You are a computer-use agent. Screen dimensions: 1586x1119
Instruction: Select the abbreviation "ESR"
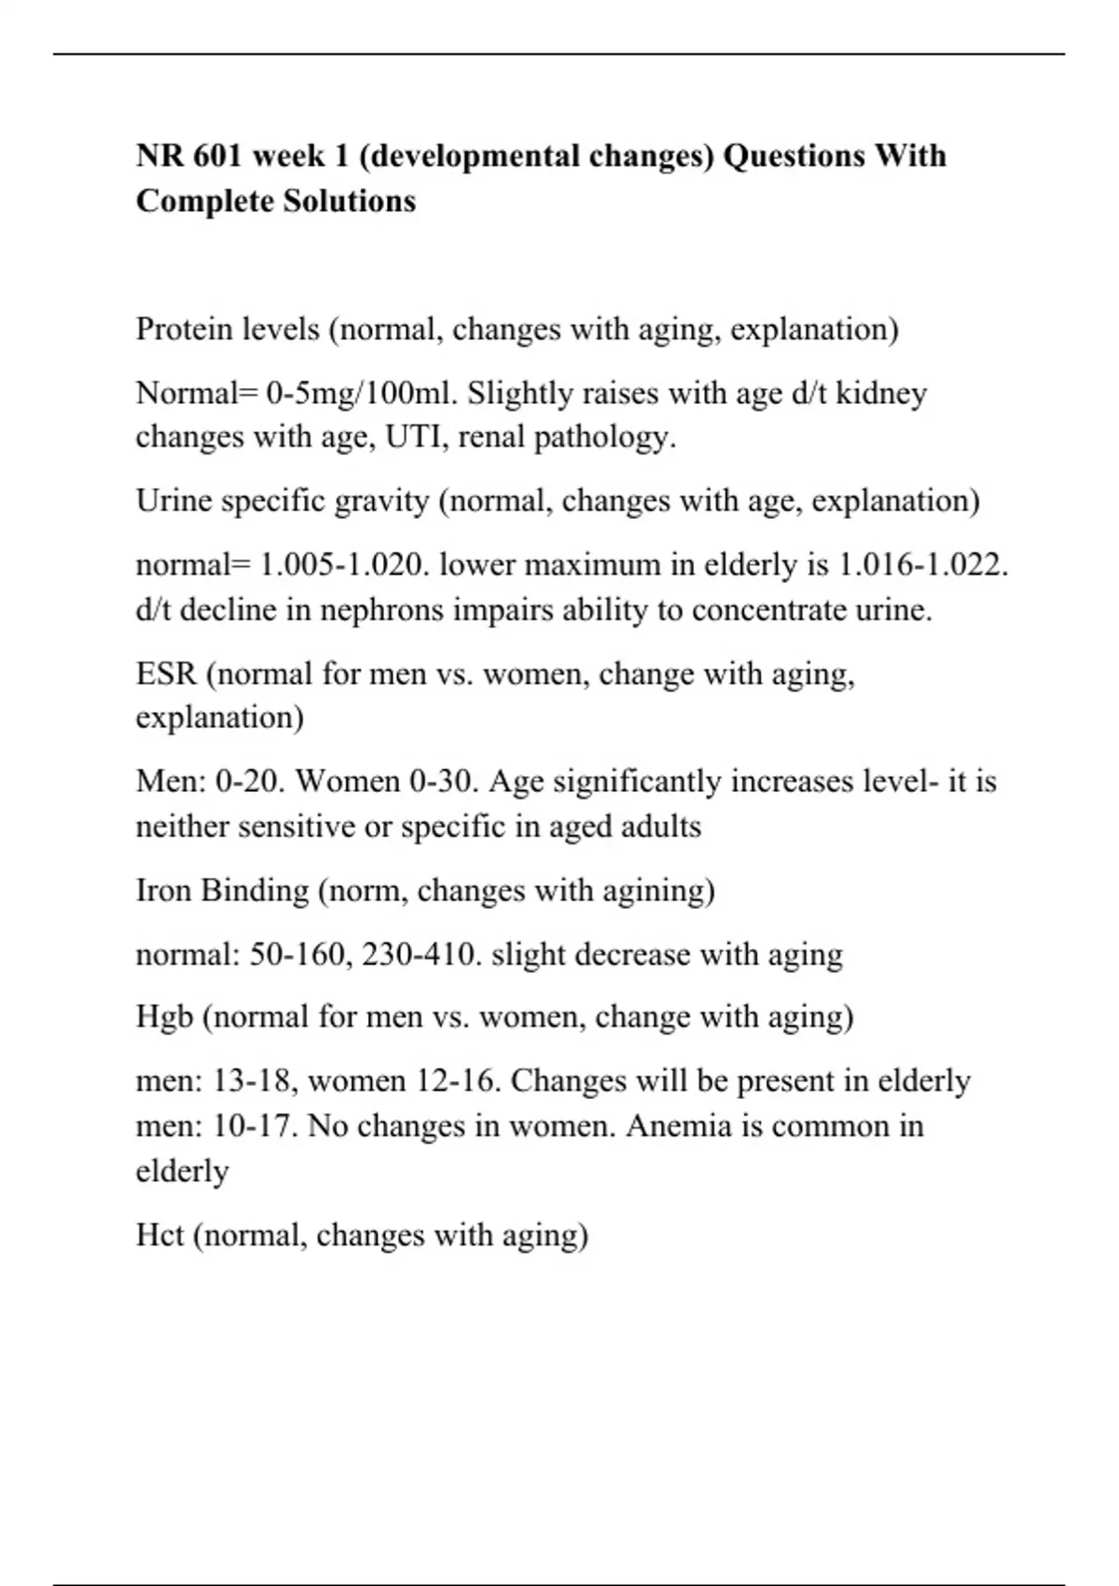[x=166, y=674]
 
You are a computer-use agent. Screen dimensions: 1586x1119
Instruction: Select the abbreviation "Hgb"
[x=164, y=1016]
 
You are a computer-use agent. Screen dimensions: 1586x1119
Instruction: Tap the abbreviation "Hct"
[x=159, y=1235]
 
